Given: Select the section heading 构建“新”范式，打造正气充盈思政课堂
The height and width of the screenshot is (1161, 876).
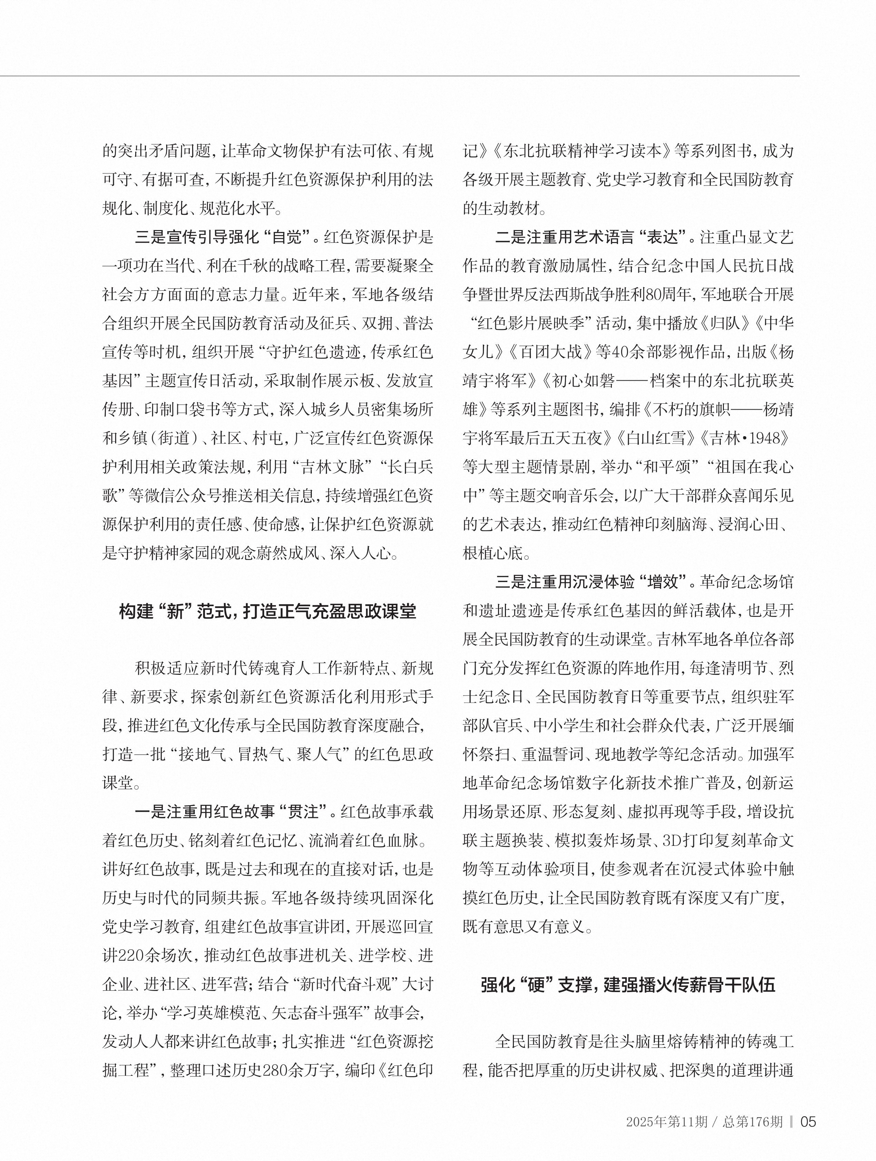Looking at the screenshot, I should [x=268, y=611].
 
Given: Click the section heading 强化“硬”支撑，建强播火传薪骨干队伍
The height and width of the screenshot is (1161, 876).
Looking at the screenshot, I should [x=628, y=985].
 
